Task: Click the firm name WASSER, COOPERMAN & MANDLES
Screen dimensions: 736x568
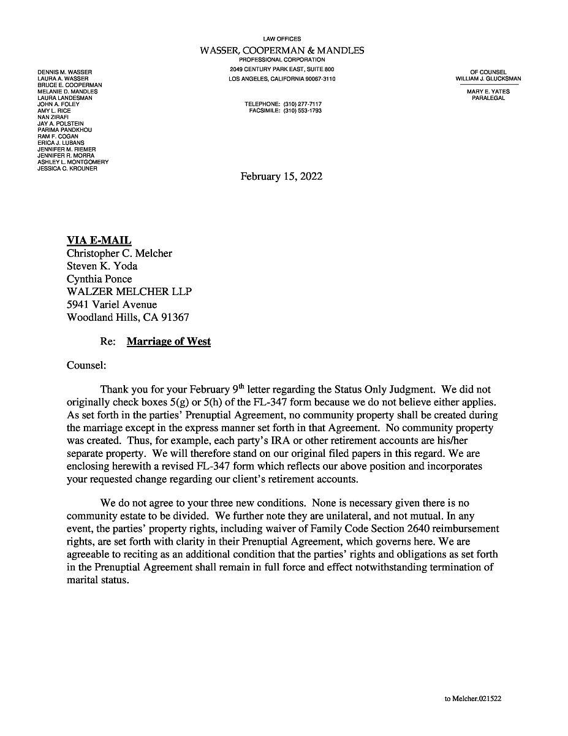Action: tap(282, 50)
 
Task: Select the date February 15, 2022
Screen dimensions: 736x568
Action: tap(281, 177)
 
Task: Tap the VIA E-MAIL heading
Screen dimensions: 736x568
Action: tap(99, 240)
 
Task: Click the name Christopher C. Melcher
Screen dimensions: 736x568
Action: tap(119, 253)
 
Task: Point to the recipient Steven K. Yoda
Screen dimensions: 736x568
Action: tap(102, 266)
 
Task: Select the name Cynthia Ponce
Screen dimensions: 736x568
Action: tap(99, 279)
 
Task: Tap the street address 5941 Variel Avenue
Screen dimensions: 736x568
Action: tap(112, 305)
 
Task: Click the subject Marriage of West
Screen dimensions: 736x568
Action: tap(169, 342)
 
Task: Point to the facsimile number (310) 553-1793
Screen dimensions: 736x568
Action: tap(302, 111)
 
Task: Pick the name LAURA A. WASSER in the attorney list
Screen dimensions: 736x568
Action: tap(63, 79)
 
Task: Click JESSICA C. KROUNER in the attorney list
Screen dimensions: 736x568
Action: tap(67, 168)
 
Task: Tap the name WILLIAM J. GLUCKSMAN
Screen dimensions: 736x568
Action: tap(488, 79)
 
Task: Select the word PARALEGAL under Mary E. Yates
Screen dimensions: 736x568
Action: tap(488, 98)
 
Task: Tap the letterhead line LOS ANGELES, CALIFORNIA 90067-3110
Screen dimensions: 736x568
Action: tap(282, 79)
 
